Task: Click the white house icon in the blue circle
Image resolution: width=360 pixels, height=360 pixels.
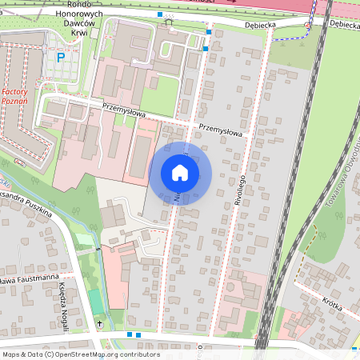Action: coord(180,173)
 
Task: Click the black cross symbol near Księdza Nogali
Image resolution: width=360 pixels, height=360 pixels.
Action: coord(99,323)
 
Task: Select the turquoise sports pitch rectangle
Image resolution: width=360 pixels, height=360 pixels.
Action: coord(95,302)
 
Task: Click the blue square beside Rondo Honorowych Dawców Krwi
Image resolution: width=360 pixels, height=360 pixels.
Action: coord(160,14)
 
